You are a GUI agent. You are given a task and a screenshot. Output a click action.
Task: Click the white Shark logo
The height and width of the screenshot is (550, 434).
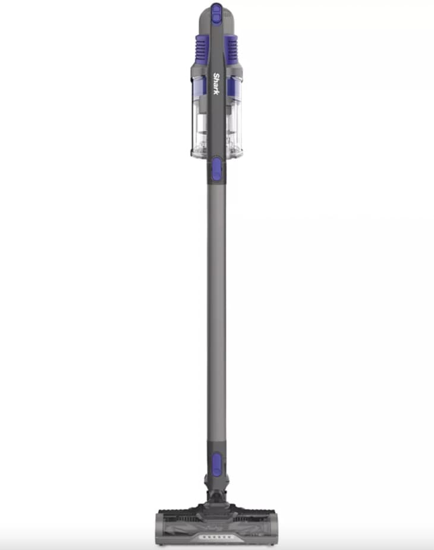pos(216,84)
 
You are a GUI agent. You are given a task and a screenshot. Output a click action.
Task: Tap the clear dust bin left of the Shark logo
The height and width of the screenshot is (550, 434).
pos(199,116)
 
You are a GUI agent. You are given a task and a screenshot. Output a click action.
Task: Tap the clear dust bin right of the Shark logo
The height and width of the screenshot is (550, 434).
pos(234,116)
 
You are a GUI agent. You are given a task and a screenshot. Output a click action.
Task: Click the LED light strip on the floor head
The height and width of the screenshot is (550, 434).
pos(216,537)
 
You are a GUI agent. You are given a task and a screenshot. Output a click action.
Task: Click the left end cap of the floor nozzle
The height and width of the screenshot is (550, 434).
pos(159,530)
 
